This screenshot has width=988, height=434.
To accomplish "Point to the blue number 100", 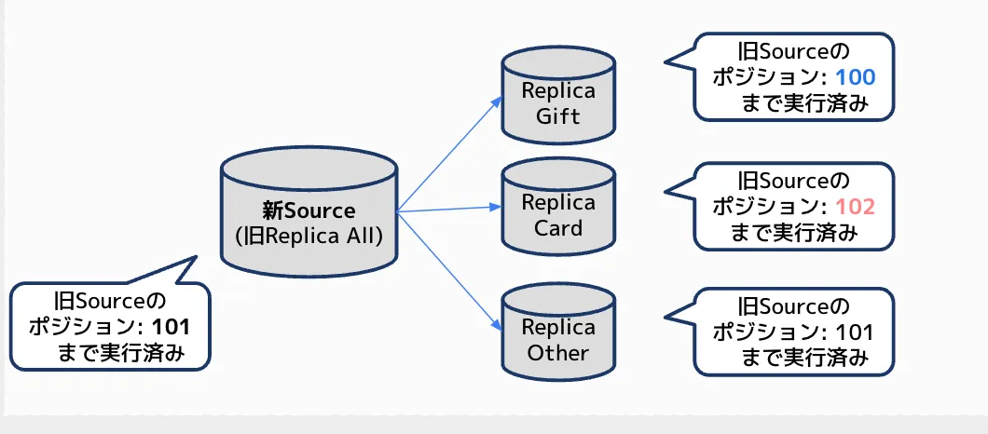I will pos(856,77).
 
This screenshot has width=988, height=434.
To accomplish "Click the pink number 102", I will pos(856,206).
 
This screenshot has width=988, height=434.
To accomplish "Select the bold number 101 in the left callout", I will pos(171,328).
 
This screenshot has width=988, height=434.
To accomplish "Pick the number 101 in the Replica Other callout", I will pos(856,332).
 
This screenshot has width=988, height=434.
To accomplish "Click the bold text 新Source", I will pos(309,210).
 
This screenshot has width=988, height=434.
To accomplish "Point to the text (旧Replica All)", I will pos(309,236).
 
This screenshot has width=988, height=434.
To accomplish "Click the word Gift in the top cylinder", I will pos(557,116).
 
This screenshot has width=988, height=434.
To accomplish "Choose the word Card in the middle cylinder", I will pos(557,228).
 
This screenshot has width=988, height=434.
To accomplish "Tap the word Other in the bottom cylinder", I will pos(557,353).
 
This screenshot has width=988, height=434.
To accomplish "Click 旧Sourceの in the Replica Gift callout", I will pos(794,51).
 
